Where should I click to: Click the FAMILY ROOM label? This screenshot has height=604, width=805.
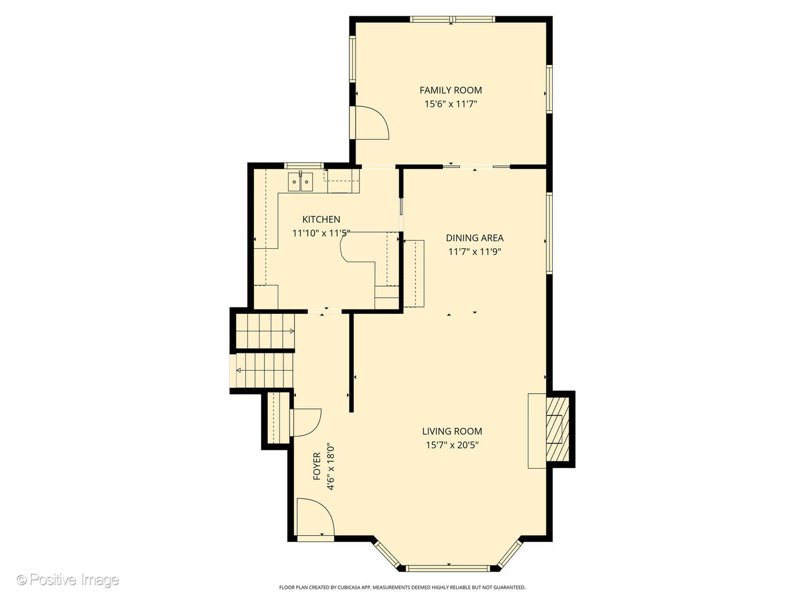coord(451,90)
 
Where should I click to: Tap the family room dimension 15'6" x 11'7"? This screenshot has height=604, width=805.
coord(451,104)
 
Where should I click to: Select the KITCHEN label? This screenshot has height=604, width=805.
coord(321,219)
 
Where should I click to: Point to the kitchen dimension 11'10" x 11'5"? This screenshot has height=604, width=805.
coord(321,233)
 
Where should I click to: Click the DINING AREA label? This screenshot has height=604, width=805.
coord(475,238)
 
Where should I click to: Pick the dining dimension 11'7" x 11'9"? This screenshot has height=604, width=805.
coord(475,252)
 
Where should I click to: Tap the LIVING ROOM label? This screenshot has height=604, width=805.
coord(452,431)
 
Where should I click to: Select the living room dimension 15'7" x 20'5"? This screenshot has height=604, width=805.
coord(452,445)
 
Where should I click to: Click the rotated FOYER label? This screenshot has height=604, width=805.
coord(317,466)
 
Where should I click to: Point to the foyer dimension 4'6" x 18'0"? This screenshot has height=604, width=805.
coord(330,466)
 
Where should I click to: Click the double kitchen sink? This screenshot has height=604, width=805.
coord(300,182)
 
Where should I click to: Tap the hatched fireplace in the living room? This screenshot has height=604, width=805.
coord(557,429)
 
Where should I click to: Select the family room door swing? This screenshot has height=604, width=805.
coord(370,122)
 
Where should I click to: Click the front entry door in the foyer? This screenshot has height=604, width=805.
coord(315,518)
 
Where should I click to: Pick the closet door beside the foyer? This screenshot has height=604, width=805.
coord(305,422)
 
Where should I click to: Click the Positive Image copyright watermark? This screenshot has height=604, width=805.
coord(68,579)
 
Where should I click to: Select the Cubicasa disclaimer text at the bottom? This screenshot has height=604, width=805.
coord(402,587)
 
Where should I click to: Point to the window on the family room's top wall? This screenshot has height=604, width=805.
coord(452,20)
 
